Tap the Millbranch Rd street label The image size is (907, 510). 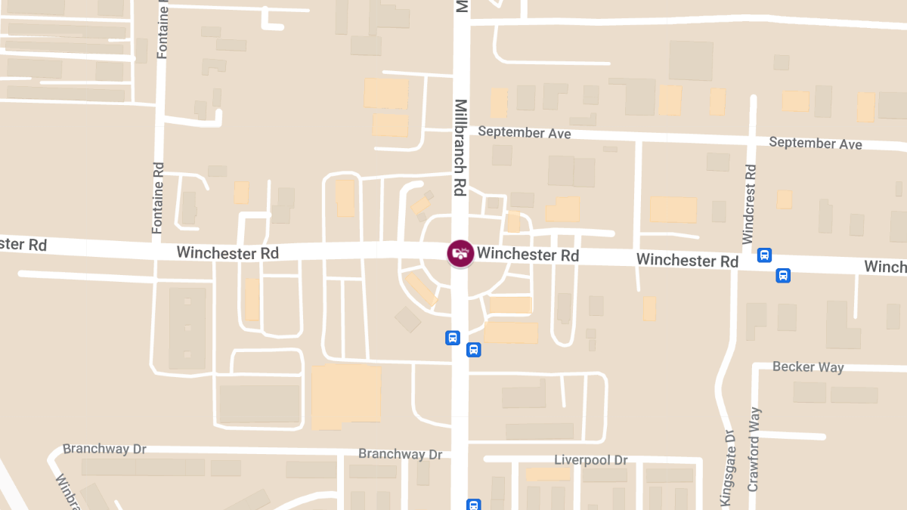(460, 148)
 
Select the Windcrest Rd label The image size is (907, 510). (749, 204)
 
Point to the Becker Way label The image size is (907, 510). (808, 367)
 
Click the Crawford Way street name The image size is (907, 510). (754, 450)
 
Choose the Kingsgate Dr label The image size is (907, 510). (728, 468)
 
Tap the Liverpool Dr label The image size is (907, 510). (591, 460)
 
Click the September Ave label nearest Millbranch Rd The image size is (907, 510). (524, 133)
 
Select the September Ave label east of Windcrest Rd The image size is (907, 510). (815, 143)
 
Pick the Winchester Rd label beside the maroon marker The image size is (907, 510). (528, 255)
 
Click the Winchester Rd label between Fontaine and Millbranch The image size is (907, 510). (228, 252)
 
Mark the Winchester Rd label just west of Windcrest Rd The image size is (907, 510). (687, 261)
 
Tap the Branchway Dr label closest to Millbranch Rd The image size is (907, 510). (400, 454)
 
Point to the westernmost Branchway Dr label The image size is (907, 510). (104, 449)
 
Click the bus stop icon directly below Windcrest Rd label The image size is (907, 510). (765, 255)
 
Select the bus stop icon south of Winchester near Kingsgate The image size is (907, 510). (783, 276)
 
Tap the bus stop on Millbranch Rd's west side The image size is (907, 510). (452, 338)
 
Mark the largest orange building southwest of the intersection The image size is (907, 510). (346, 397)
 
